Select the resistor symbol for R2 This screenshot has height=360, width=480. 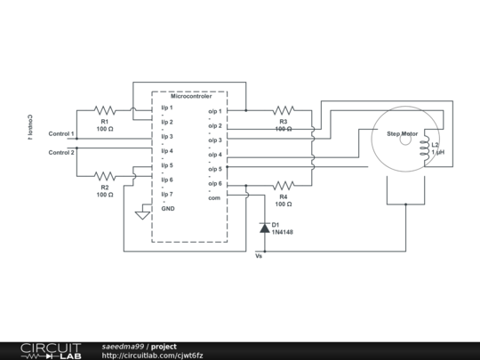point(105,176)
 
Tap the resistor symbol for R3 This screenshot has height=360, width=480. point(284,111)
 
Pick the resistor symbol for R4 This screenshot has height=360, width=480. point(284,186)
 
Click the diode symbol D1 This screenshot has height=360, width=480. point(264,228)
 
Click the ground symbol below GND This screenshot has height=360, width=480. point(140,214)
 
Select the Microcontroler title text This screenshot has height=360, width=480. point(189,96)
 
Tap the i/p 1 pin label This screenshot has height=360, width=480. point(167,108)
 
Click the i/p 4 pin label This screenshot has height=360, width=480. point(167,150)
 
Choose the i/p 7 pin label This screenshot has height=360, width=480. point(167,193)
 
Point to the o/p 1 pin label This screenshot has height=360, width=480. point(215,112)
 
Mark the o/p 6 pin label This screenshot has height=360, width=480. point(215,183)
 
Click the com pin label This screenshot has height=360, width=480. point(214,197)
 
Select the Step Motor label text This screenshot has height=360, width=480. point(402,134)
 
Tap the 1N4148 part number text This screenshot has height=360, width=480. point(282,232)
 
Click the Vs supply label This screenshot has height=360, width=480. point(259,255)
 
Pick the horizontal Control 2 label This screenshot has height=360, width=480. point(61,152)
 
